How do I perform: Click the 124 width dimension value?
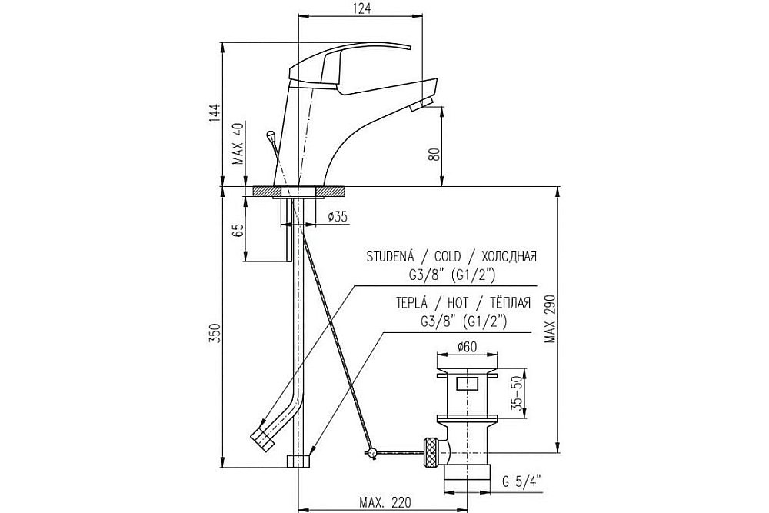point(361,8)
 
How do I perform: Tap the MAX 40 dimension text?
point(238,144)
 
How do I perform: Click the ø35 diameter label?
point(338,216)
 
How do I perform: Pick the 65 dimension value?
point(238,231)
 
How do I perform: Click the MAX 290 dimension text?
point(551,318)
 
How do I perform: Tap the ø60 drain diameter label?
point(467,347)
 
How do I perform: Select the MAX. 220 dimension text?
point(385,502)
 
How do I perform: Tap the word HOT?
point(458,302)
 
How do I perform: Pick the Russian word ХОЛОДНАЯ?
point(509,257)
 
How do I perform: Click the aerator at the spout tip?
point(420,105)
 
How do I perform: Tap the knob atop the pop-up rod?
point(270,135)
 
